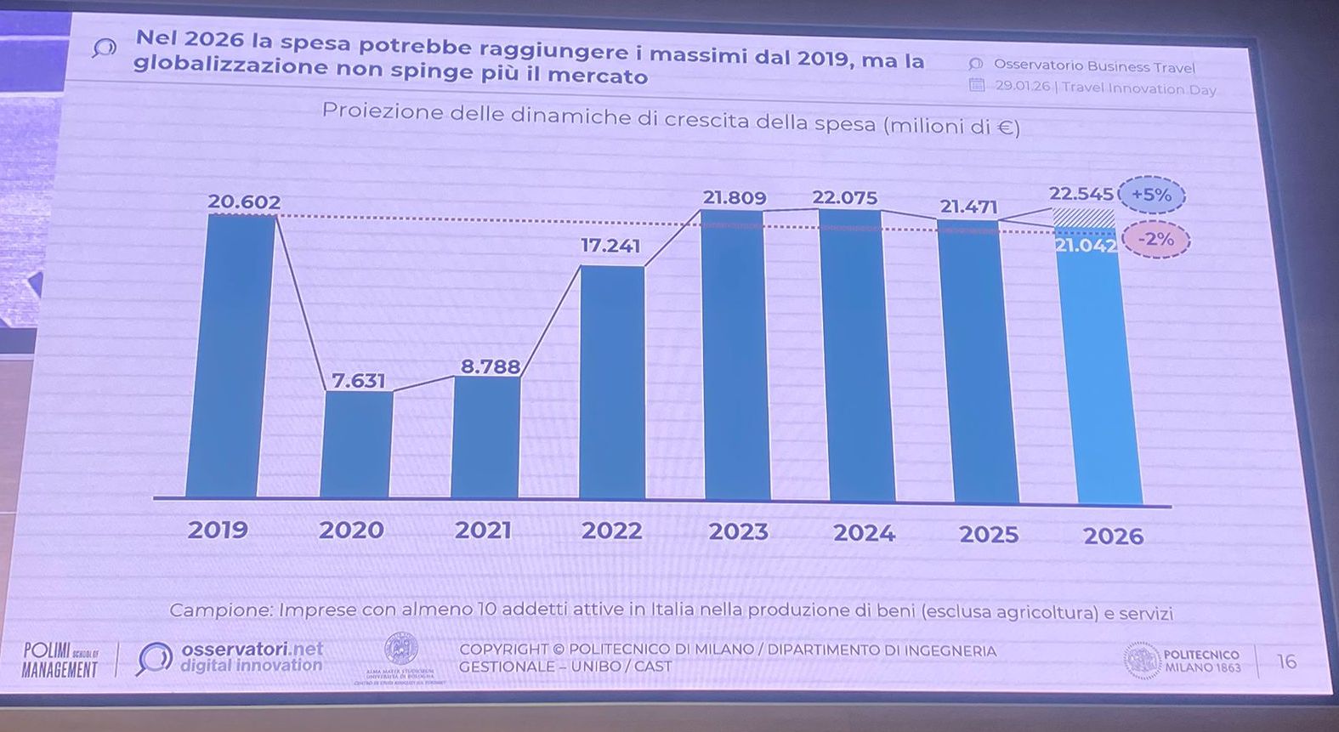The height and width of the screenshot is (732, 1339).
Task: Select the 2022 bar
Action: pos(611,383)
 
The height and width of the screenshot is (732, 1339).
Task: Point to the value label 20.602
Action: pos(244,201)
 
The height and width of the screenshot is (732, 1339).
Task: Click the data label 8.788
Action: pos(490,366)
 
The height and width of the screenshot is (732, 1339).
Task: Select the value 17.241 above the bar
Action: pos(610,246)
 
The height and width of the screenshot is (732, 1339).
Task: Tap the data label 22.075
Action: pos(844,198)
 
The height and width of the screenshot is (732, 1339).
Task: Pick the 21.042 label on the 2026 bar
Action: pos(1086,246)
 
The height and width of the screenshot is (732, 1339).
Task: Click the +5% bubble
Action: pos(1151,195)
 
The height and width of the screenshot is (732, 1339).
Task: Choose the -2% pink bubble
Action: pos(1155,240)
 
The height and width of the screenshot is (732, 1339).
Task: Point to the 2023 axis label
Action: pos(738,532)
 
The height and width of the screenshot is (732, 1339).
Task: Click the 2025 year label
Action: pos(988,535)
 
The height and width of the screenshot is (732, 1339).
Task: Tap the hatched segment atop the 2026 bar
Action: pos(1084,217)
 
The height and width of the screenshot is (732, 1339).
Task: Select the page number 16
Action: pos(1286,661)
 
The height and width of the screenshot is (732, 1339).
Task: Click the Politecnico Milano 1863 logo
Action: pos(1182,661)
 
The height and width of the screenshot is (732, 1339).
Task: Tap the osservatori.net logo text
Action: pos(252,656)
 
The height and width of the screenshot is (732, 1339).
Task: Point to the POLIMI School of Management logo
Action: pos(60,660)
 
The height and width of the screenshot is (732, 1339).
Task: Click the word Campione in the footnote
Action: pos(218,610)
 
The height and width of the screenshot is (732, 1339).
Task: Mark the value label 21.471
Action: pos(968,207)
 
